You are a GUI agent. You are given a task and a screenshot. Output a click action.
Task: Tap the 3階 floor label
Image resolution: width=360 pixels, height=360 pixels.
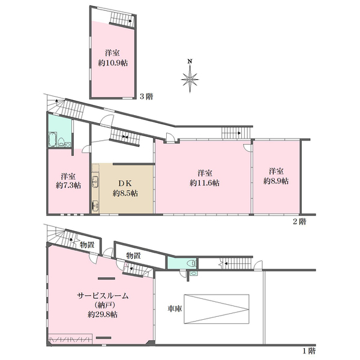[145, 96]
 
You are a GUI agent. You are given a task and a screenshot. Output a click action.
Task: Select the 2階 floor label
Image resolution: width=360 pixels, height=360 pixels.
[299, 221]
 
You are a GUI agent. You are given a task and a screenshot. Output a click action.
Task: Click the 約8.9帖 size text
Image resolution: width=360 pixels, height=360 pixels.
[276, 181]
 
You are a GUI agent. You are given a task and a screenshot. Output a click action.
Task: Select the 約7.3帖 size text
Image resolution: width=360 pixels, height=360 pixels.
[68, 187]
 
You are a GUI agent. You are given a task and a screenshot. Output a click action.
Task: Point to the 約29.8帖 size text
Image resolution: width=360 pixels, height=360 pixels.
[101, 314]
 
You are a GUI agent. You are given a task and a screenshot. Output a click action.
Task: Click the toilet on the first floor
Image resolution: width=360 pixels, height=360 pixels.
[190, 263]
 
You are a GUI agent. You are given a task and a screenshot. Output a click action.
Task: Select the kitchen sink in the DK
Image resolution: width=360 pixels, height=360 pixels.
[95, 184]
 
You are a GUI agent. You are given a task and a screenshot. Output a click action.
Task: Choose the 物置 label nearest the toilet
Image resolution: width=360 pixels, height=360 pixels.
[133, 256]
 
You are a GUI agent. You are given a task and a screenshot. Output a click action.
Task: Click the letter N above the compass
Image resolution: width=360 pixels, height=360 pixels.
[190, 61]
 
